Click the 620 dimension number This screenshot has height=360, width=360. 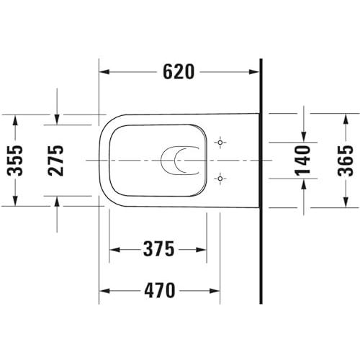click(x=179, y=72)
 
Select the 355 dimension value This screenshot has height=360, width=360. click(x=15, y=161)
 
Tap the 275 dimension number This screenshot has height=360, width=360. click(x=55, y=161)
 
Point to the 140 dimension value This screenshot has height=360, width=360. click(x=302, y=161)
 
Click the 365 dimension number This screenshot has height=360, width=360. click(x=346, y=161)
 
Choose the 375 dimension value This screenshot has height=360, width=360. click(x=158, y=249)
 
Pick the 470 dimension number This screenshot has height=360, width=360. click(x=160, y=290)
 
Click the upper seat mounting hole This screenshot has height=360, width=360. click(x=220, y=143)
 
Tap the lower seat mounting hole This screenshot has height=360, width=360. click(x=220, y=179)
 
